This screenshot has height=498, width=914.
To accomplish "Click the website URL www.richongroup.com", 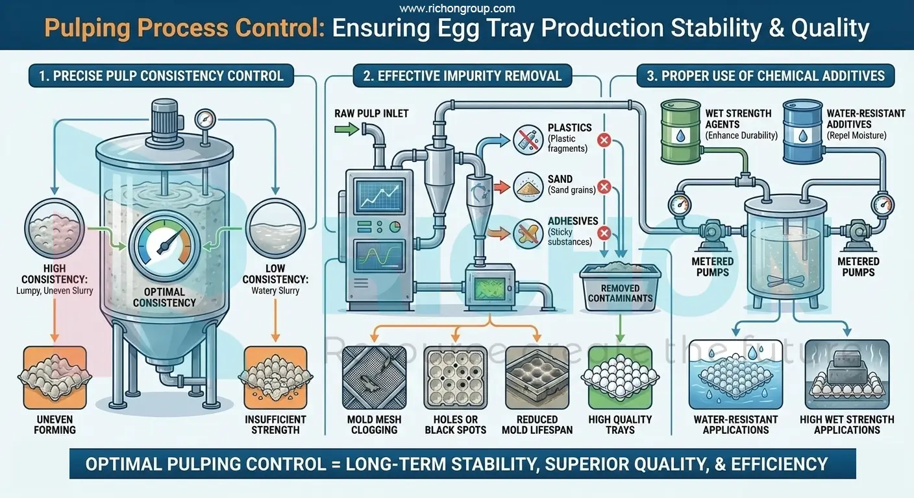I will (x=457, y=8).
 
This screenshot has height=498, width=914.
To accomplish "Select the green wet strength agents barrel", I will (x=680, y=132).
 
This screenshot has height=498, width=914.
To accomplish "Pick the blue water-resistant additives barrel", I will (x=802, y=131).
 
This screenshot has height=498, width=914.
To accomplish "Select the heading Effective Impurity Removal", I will (x=462, y=76).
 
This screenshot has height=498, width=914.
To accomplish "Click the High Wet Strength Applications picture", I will (x=846, y=376).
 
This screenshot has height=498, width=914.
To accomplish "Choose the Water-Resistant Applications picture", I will (x=735, y=376).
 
